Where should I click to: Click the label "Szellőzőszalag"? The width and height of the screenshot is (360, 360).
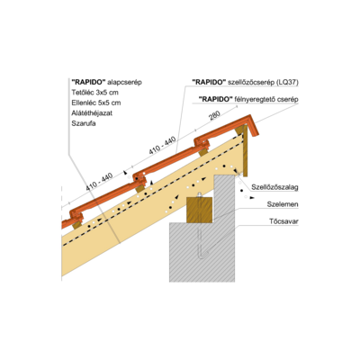pos(274,187)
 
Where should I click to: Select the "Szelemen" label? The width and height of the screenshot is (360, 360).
pos(283,204)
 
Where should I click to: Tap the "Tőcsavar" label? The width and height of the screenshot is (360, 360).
pos(283,221)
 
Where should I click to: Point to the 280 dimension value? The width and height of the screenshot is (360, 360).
pos(215,115)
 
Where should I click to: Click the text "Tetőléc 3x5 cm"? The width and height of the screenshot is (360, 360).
pos(94,92)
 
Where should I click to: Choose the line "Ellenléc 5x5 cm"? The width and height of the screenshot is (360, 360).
pos(96,103)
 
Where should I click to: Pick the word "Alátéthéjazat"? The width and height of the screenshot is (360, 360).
pos(92,113)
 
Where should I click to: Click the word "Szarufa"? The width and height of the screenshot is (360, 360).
pos(84,123)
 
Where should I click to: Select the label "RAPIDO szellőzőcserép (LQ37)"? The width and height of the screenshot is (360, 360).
pos(245,82)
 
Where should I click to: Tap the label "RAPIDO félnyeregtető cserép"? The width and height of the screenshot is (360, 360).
pos(248,99)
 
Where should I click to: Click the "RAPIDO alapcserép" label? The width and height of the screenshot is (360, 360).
pos(106,82)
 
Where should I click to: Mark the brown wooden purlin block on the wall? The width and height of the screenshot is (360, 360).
pos(200,210)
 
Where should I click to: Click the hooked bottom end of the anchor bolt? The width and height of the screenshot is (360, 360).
pos(202,256)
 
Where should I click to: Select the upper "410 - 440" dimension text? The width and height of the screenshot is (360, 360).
pos(162,146)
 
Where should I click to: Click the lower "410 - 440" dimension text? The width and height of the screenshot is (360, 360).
pos(99,182)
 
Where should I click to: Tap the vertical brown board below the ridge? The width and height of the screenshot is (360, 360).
pos(245,151)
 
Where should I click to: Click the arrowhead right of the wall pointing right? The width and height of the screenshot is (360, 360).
pos(253,198)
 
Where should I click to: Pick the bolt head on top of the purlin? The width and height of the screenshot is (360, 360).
pos(199,194)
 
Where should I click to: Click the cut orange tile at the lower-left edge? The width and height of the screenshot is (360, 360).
pos(67,224)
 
